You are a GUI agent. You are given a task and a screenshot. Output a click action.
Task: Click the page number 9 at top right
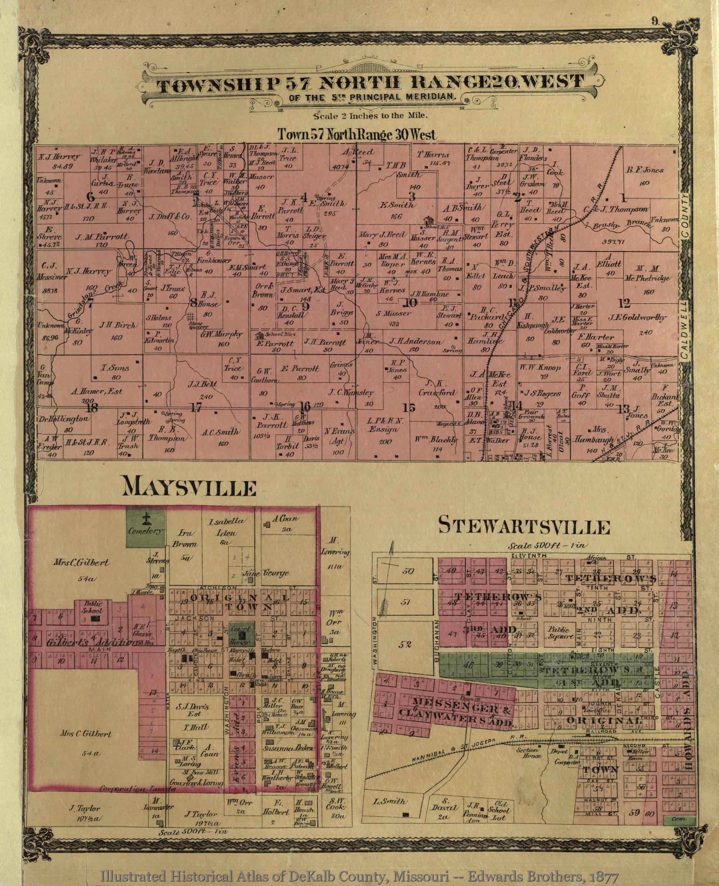click(x=655, y=22)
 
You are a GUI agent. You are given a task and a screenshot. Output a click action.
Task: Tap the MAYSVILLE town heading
click(x=189, y=488)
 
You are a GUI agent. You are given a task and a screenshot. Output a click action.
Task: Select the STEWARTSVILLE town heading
click(x=523, y=527)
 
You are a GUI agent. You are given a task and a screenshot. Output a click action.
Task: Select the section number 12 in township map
click(x=624, y=304)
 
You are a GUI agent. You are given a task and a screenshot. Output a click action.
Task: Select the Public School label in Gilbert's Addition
click(x=93, y=607)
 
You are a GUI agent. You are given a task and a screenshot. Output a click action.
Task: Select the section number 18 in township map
click(x=92, y=408)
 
